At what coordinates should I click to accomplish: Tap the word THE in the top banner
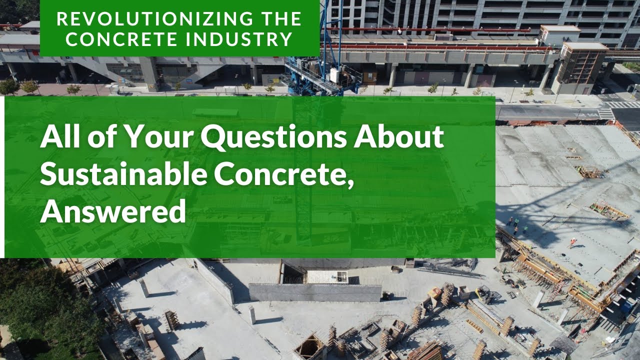[x=278, y=18]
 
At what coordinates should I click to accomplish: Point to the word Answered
[x=113, y=211]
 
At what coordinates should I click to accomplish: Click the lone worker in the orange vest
[x=572, y=242]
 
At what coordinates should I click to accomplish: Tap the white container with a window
[x=327, y=276]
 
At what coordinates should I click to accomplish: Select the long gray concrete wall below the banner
[x=315, y=292]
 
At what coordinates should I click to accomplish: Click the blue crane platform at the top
[x=322, y=75]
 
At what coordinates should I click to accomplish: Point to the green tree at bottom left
[x=30, y=310]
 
